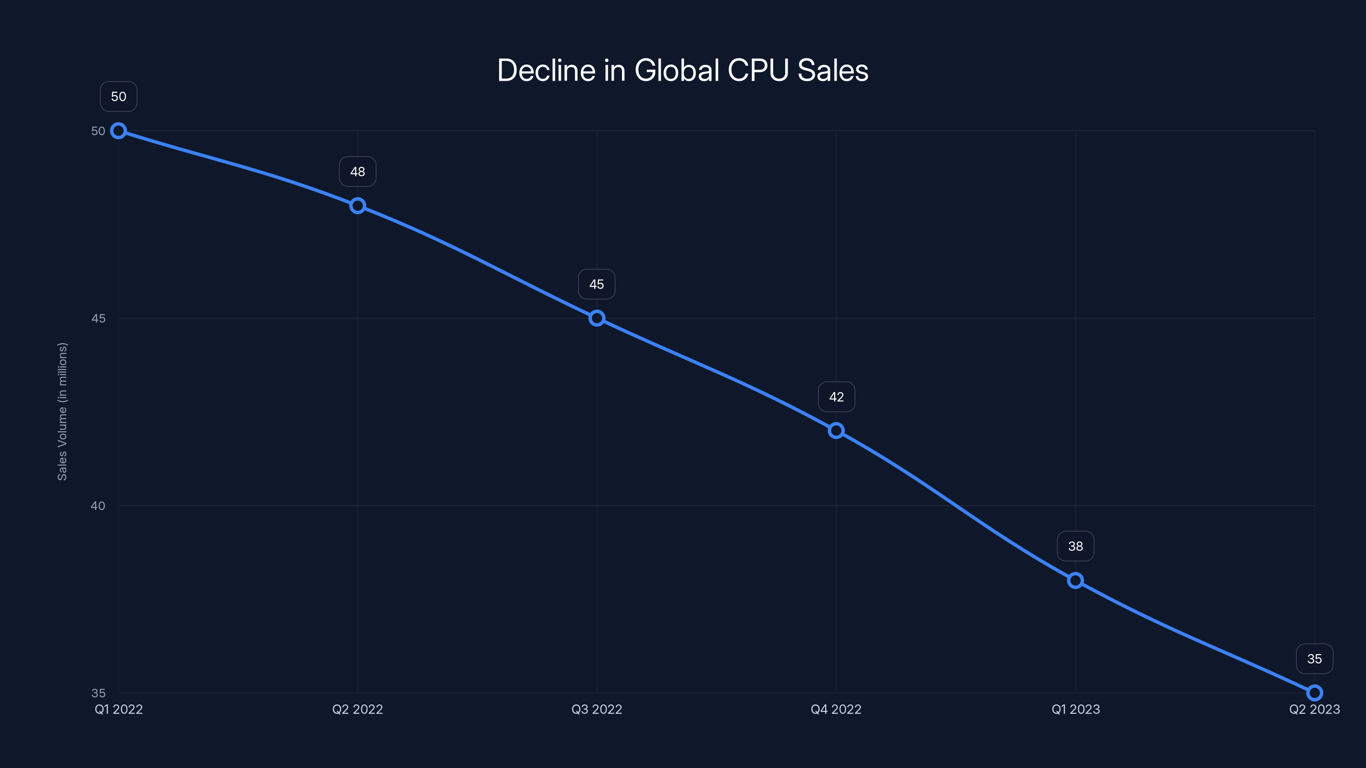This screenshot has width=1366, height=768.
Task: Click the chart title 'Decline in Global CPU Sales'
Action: coord(683,70)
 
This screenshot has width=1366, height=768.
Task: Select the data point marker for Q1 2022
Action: coord(118,131)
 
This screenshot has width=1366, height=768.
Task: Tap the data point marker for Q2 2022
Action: coord(357,206)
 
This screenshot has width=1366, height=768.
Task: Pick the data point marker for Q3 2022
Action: coord(597,318)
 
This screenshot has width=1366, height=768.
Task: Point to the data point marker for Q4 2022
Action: coord(836,431)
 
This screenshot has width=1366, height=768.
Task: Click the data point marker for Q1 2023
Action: coord(1075,580)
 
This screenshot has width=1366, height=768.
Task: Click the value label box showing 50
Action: coord(118,96)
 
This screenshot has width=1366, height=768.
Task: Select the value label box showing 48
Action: coord(357,172)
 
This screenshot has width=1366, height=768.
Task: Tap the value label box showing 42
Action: coord(836,397)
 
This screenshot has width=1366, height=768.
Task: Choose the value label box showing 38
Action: coord(1075,547)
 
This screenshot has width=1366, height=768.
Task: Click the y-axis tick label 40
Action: coord(98,506)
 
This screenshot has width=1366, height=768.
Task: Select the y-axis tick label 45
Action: coord(98,319)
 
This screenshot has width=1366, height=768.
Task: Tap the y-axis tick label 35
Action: coord(98,693)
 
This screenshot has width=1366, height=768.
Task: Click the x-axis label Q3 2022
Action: coord(597,709)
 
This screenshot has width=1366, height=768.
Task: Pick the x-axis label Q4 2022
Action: coord(836,709)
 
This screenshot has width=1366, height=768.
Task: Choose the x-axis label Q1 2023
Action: coord(1075,709)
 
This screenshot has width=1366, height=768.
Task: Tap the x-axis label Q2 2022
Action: coord(357,709)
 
